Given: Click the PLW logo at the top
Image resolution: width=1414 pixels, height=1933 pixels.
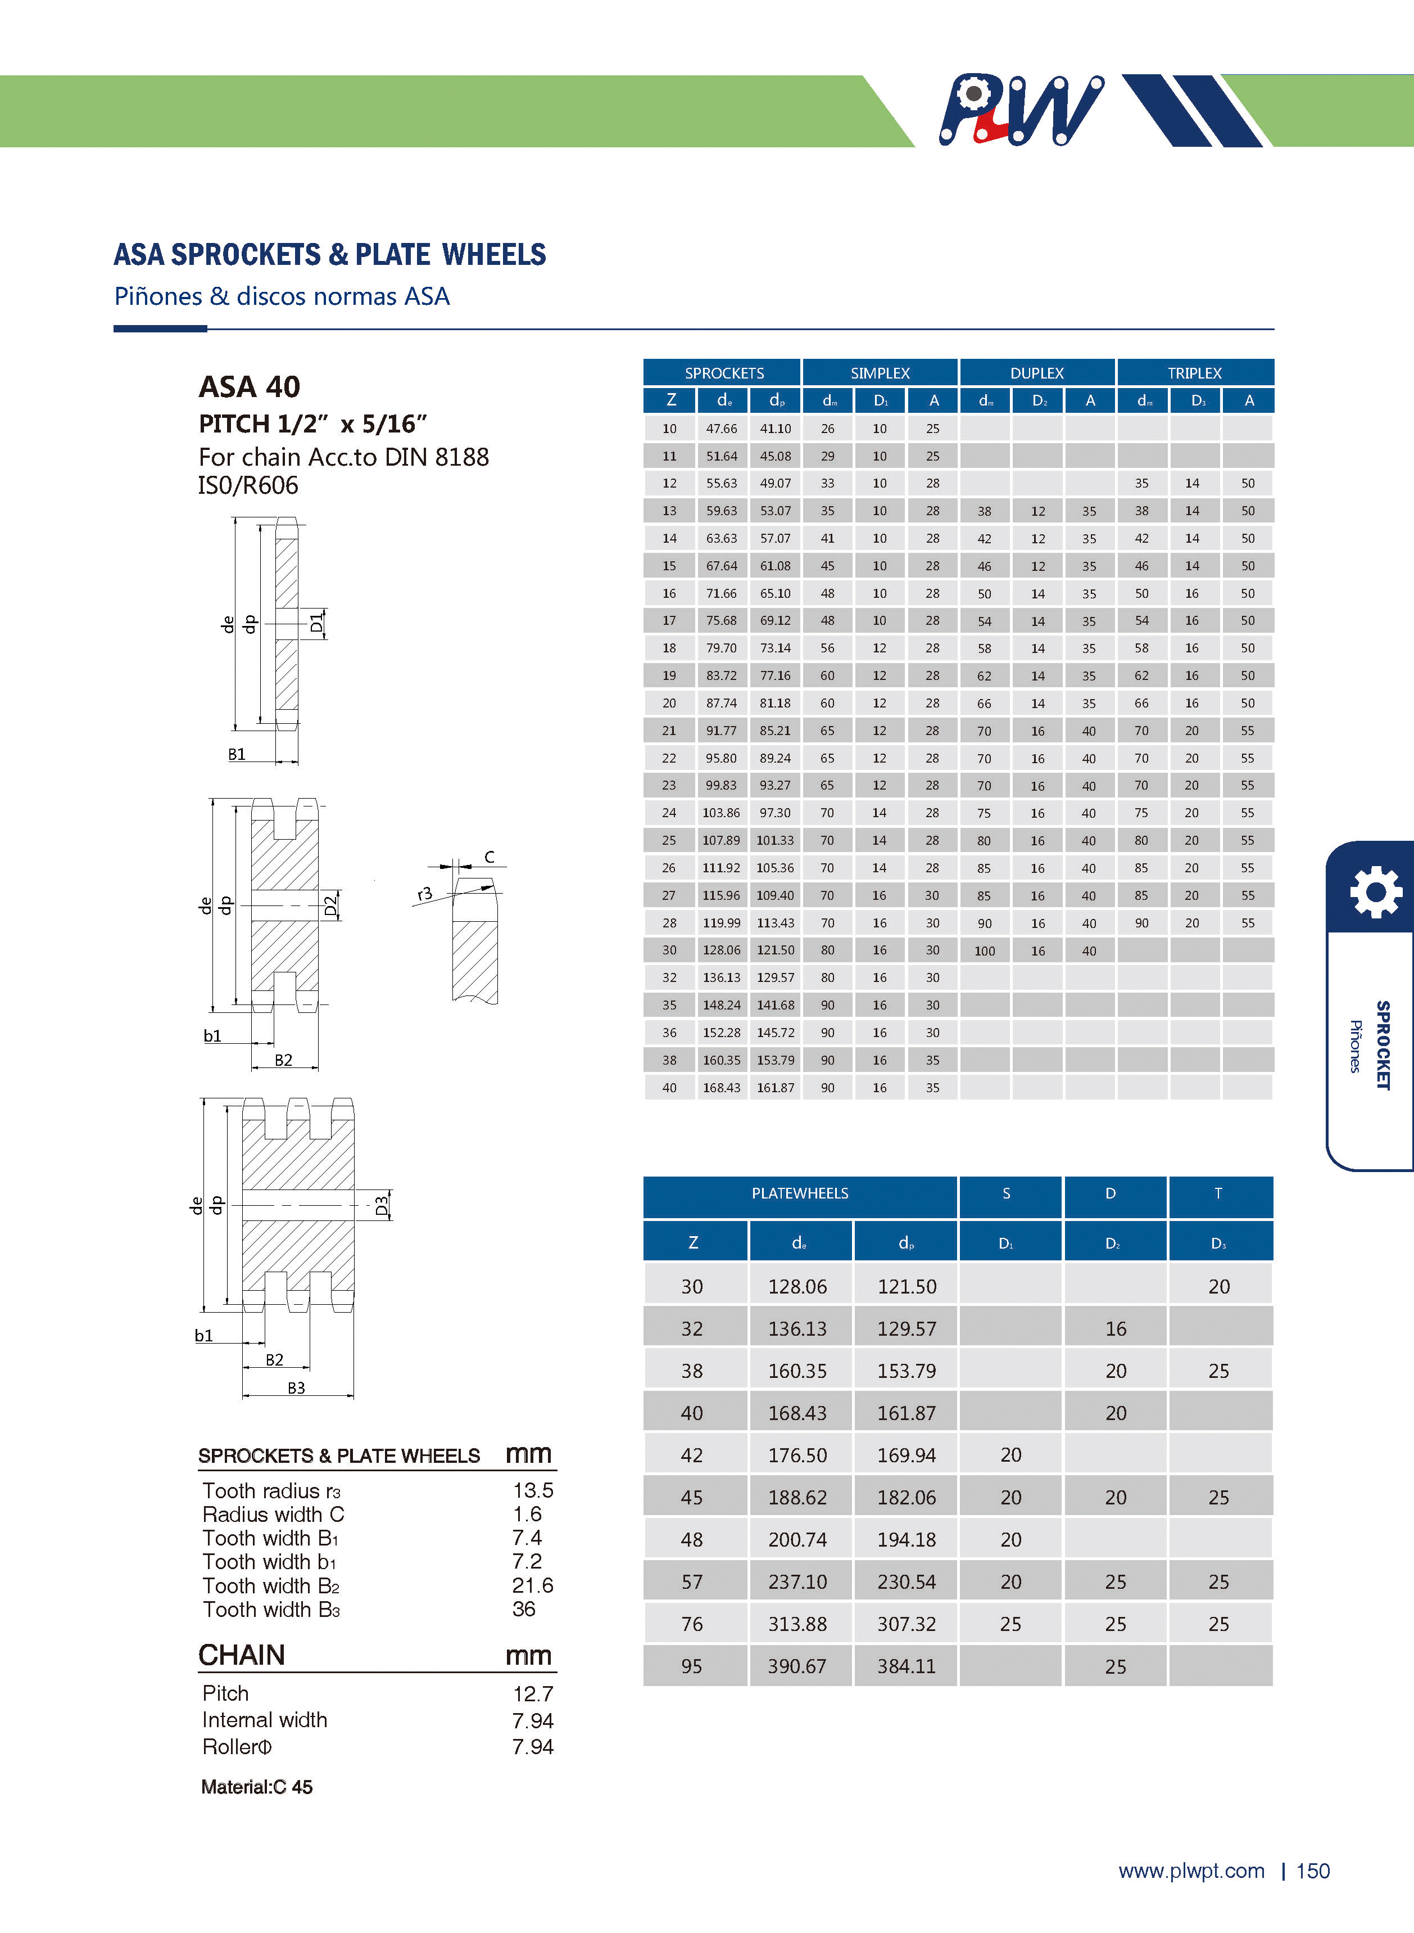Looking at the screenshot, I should [x=1020, y=110].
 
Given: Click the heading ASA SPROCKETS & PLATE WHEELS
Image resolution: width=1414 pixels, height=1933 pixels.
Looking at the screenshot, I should [x=329, y=255].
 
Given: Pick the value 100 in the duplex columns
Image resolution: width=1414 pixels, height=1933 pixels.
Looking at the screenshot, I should [x=984, y=950].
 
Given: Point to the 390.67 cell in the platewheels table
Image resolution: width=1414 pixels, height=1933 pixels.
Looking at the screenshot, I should [x=797, y=1666].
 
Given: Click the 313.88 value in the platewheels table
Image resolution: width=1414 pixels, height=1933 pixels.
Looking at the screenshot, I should [x=797, y=1624].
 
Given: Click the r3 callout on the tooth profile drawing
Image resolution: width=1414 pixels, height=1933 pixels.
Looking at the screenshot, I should [x=424, y=894].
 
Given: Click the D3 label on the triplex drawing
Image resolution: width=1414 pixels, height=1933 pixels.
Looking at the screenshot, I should [x=382, y=1206].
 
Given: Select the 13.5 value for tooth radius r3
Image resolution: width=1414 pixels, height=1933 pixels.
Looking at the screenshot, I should [x=532, y=1490].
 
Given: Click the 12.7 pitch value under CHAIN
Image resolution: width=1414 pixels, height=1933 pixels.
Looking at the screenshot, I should [x=532, y=1694].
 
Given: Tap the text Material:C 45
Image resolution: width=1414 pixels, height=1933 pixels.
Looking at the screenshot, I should [x=257, y=1787].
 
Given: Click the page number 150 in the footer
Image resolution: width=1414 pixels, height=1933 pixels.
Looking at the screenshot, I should [x=1313, y=1871].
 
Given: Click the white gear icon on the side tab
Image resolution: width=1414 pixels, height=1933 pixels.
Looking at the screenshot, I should [x=1375, y=893].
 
